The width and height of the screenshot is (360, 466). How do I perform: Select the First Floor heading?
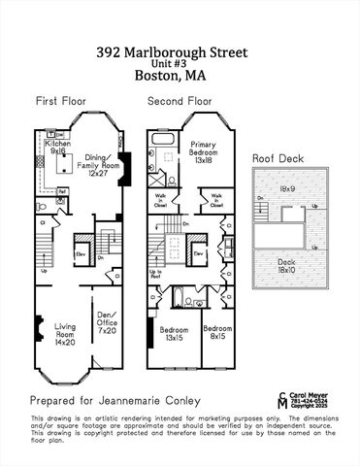pyautogui.click(x=60, y=101)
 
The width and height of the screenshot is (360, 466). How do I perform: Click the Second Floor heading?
pyautogui.click(x=180, y=101)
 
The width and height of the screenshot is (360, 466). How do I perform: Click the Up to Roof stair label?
pyautogui.click(x=154, y=276)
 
